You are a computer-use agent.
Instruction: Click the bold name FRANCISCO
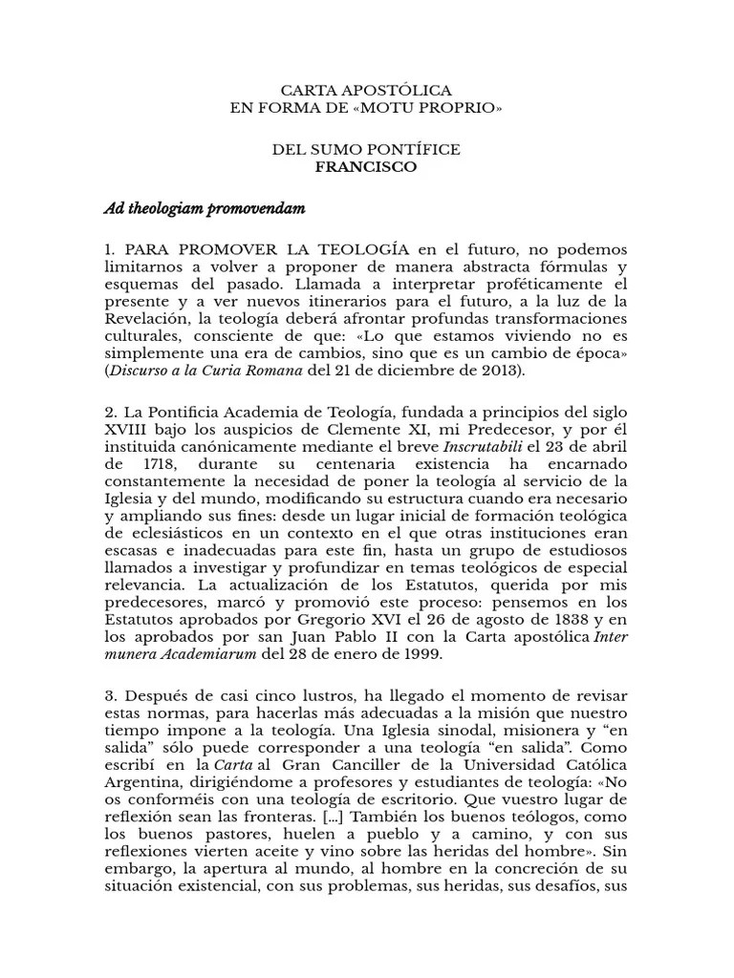click(x=367, y=166)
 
